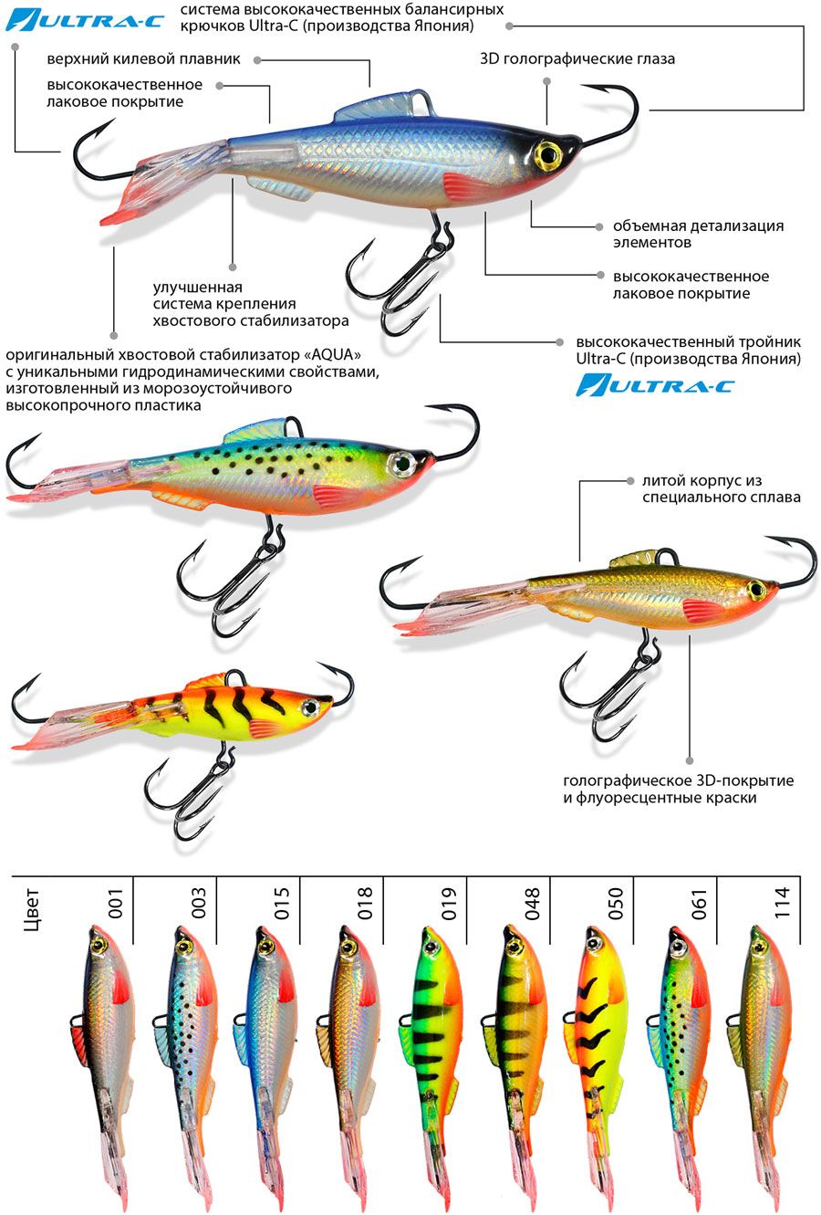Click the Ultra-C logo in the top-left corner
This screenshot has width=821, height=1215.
(x=85, y=19)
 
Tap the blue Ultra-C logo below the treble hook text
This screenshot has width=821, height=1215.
(x=654, y=385)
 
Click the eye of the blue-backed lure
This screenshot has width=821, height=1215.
(x=548, y=154)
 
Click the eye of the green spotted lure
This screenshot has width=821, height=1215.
(x=400, y=464)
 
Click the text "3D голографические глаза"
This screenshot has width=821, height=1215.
(x=577, y=59)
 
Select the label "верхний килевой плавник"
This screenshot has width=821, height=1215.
(x=144, y=59)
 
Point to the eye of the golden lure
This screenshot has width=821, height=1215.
(x=756, y=589)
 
